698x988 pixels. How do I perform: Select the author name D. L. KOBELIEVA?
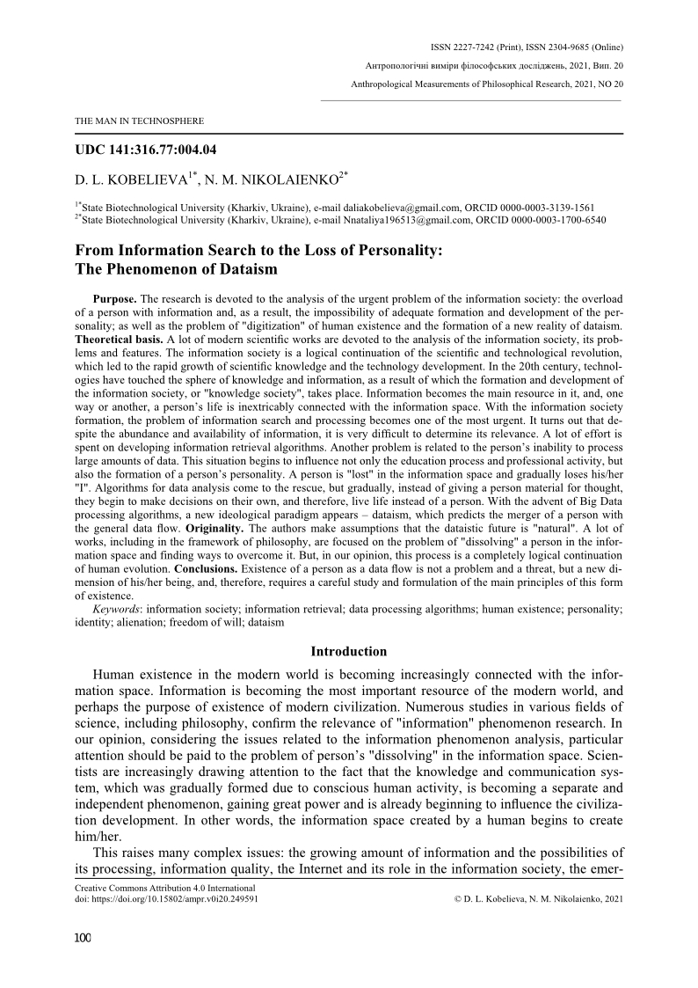click(131, 180)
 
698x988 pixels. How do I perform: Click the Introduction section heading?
click(349, 652)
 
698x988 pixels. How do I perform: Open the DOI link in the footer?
click(166, 902)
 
